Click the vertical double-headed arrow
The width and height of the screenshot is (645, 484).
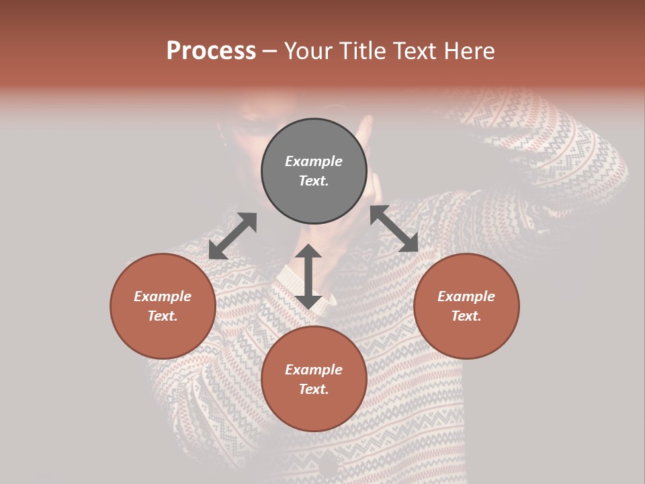pyautogui.click(x=308, y=276)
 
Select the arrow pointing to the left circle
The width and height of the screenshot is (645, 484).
pyautogui.click(x=232, y=236)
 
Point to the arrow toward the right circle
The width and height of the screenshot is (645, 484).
pyautogui.click(x=394, y=229)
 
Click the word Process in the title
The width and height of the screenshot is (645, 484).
pyautogui.click(x=211, y=50)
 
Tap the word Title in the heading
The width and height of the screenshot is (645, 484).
pyautogui.click(x=363, y=50)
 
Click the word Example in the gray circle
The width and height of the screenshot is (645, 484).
pyautogui.click(x=314, y=161)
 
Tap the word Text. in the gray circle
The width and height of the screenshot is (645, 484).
pyautogui.click(x=314, y=181)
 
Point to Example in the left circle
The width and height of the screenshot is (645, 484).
pyautogui.click(x=163, y=296)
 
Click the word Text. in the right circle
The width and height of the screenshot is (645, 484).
pyautogui.click(x=466, y=316)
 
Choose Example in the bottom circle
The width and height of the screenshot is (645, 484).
pyautogui.click(x=314, y=370)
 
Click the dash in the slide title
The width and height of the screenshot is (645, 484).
pyautogui.click(x=270, y=51)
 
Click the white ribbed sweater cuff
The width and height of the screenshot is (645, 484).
pyautogui.click(x=296, y=286)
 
